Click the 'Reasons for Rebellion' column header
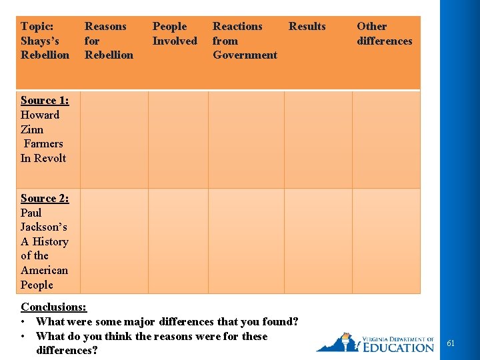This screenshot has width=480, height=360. (108, 41)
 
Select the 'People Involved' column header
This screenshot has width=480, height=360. (175, 33)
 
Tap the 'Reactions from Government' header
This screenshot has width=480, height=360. (244, 41)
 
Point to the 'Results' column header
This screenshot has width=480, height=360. (307, 27)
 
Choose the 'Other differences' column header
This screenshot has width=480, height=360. (384, 33)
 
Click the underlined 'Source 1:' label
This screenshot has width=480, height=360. (45, 101)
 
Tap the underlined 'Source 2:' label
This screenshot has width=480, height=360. (45, 198)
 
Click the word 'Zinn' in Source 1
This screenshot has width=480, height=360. (32, 129)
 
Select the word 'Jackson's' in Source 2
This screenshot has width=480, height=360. (43, 227)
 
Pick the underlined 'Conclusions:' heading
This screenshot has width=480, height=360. (53, 307)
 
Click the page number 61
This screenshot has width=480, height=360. (451, 343)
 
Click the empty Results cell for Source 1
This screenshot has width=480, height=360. (318, 139)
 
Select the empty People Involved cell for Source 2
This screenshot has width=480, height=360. (178, 241)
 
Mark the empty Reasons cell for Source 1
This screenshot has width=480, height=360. (114, 139)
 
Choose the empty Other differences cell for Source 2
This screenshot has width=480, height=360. (386, 241)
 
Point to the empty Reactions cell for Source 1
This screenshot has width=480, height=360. (246, 139)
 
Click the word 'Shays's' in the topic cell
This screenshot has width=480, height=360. (39, 41)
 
